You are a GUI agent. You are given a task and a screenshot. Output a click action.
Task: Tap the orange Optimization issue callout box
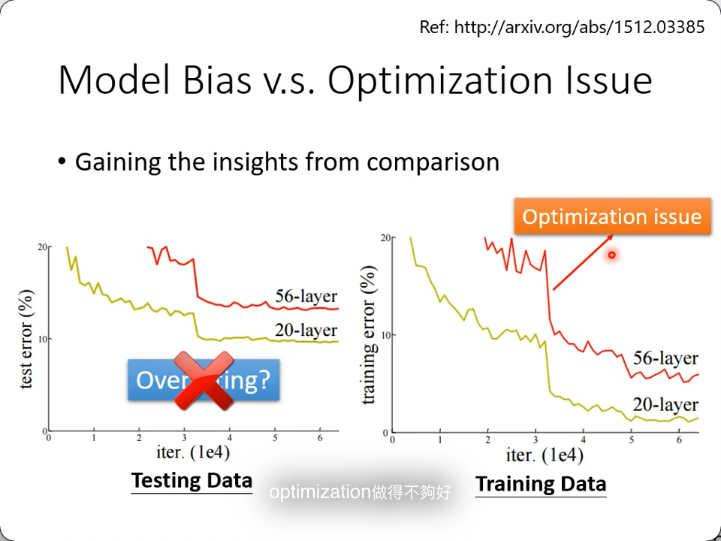coord(612,217)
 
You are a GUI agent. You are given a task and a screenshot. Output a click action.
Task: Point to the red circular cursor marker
coord(612,255)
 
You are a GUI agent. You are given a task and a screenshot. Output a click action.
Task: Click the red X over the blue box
coord(203,381)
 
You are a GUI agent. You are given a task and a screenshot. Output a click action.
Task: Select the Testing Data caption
coord(192,480)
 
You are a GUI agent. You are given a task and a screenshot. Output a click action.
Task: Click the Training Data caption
coord(541,484)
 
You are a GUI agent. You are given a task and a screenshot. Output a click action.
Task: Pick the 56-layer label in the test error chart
coord(306,296)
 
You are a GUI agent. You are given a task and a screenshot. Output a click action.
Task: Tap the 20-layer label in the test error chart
coord(306,330)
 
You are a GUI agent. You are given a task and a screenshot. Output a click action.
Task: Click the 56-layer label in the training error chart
coord(665,358)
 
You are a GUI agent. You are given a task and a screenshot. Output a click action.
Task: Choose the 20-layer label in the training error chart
coord(665,404)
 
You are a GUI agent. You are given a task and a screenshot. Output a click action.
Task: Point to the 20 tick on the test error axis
coord(42,247)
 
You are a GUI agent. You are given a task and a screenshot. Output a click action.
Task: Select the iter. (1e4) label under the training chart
coord(545,455)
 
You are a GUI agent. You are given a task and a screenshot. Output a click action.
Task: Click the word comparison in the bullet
coord(433,162)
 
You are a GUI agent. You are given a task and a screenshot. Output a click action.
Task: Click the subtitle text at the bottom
coord(360,493)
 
